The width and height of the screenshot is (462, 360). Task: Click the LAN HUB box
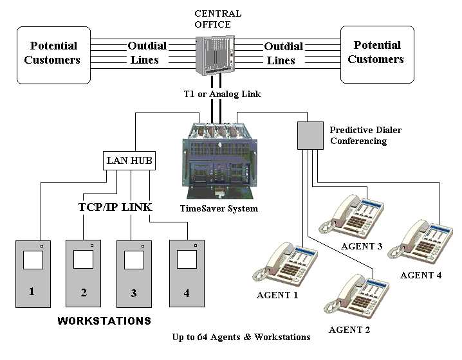click(x=129, y=160)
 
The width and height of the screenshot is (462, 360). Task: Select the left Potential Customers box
click(x=52, y=55)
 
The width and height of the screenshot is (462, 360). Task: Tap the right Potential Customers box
click(x=377, y=55)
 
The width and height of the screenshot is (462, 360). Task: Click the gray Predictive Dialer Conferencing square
click(x=310, y=135)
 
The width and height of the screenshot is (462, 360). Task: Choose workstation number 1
click(x=32, y=273)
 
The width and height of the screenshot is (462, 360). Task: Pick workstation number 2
click(x=84, y=274)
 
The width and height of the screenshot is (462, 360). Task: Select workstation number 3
click(x=134, y=274)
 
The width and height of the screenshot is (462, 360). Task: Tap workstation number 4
click(x=186, y=274)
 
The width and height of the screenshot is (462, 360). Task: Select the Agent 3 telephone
click(x=351, y=215)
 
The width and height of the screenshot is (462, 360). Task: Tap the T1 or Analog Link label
click(x=223, y=94)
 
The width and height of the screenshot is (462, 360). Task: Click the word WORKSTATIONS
click(x=104, y=320)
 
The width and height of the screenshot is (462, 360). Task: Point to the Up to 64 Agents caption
click(x=241, y=337)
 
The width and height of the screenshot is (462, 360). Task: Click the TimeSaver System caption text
click(x=219, y=208)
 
